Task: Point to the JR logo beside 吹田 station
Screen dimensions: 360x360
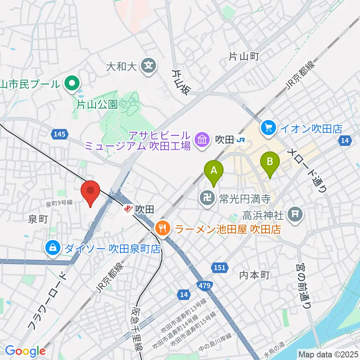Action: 240,140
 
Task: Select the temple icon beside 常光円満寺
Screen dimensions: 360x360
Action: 207,196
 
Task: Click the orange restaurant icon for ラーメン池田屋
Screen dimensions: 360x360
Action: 162,228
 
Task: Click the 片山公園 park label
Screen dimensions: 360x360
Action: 97,104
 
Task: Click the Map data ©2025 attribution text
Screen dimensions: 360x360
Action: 328,354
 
